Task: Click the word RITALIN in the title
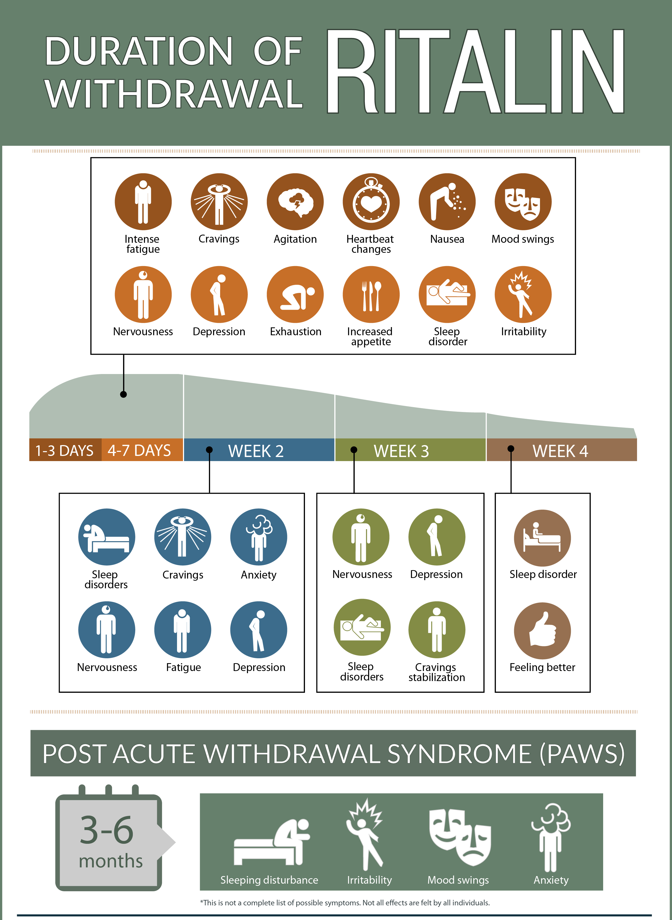tap(475, 71)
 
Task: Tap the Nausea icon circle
tap(447, 202)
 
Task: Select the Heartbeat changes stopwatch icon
tap(371, 202)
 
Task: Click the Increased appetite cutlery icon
tap(371, 295)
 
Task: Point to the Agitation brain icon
tap(295, 202)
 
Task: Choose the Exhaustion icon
tap(295, 295)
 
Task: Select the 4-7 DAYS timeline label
tap(139, 451)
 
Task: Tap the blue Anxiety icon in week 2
tap(259, 537)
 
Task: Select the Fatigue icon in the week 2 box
tap(183, 630)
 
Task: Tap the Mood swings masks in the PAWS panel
tap(460, 837)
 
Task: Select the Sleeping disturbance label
tap(269, 880)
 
